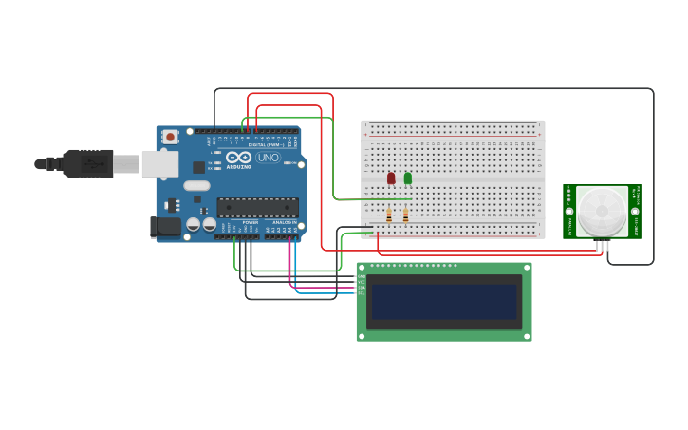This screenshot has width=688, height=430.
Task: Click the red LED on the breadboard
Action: (391, 178)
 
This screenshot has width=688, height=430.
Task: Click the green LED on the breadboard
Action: (408, 178)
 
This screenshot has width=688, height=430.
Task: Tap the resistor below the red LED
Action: (389, 215)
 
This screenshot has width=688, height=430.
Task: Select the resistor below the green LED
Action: (406, 215)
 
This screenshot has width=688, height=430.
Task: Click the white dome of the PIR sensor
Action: (602, 211)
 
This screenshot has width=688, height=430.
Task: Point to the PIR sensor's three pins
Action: (602, 246)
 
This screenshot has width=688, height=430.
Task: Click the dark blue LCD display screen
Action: (443, 302)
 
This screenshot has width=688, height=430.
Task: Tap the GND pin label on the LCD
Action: (361, 276)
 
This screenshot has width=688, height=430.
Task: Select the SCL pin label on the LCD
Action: (361, 292)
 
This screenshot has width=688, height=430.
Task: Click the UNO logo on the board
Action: (269, 158)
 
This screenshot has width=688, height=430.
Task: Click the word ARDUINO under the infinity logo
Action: (239, 167)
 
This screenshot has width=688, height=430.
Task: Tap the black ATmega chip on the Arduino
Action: (258, 207)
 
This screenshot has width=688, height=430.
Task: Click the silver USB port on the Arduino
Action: (159, 163)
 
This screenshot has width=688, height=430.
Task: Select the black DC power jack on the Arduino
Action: (165, 226)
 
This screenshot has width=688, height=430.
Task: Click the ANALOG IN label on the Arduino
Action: (284, 223)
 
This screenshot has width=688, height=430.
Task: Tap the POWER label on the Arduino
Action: (250, 223)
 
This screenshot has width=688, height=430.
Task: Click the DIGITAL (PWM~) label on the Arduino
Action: (264, 144)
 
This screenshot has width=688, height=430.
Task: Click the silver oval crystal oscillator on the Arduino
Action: (196, 186)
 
